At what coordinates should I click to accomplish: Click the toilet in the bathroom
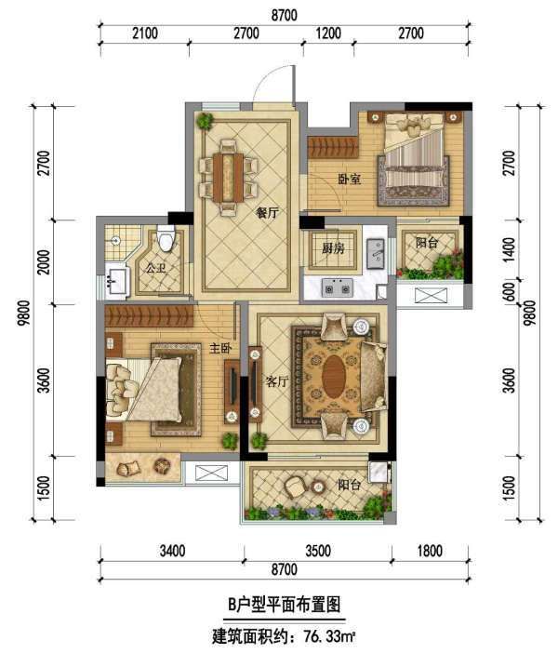(x=166, y=237)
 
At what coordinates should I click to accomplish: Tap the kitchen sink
(x=375, y=254)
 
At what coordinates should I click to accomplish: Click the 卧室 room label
(x=350, y=180)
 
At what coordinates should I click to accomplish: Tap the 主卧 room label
(x=219, y=349)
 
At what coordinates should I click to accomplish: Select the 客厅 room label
(x=276, y=381)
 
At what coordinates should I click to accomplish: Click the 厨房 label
(x=333, y=247)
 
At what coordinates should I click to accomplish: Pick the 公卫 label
(x=155, y=268)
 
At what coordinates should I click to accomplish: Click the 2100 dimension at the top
(x=144, y=33)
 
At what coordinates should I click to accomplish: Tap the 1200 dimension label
(x=328, y=33)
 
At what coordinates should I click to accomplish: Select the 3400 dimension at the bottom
(x=172, y=551)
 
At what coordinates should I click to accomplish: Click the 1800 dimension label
(x=430, y=551)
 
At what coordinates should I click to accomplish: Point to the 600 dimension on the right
(x=511, y=292)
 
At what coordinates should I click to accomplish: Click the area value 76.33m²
(x=329, y=637)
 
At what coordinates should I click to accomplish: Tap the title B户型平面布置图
(x=284, y=605)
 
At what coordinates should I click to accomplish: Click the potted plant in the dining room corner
(x=205, y=121)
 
